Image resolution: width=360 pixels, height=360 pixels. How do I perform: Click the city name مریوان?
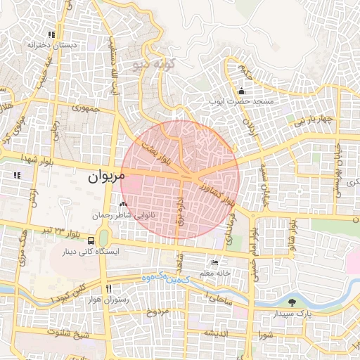coord(106,177)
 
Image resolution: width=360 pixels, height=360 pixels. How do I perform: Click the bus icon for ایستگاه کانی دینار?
coord(93,240)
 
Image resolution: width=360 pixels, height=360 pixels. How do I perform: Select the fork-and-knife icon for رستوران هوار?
coord(108,288)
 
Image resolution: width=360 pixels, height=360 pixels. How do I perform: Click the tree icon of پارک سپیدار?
coord(291,302)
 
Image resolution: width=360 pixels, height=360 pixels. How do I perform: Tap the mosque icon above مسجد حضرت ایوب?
coord(242,91)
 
